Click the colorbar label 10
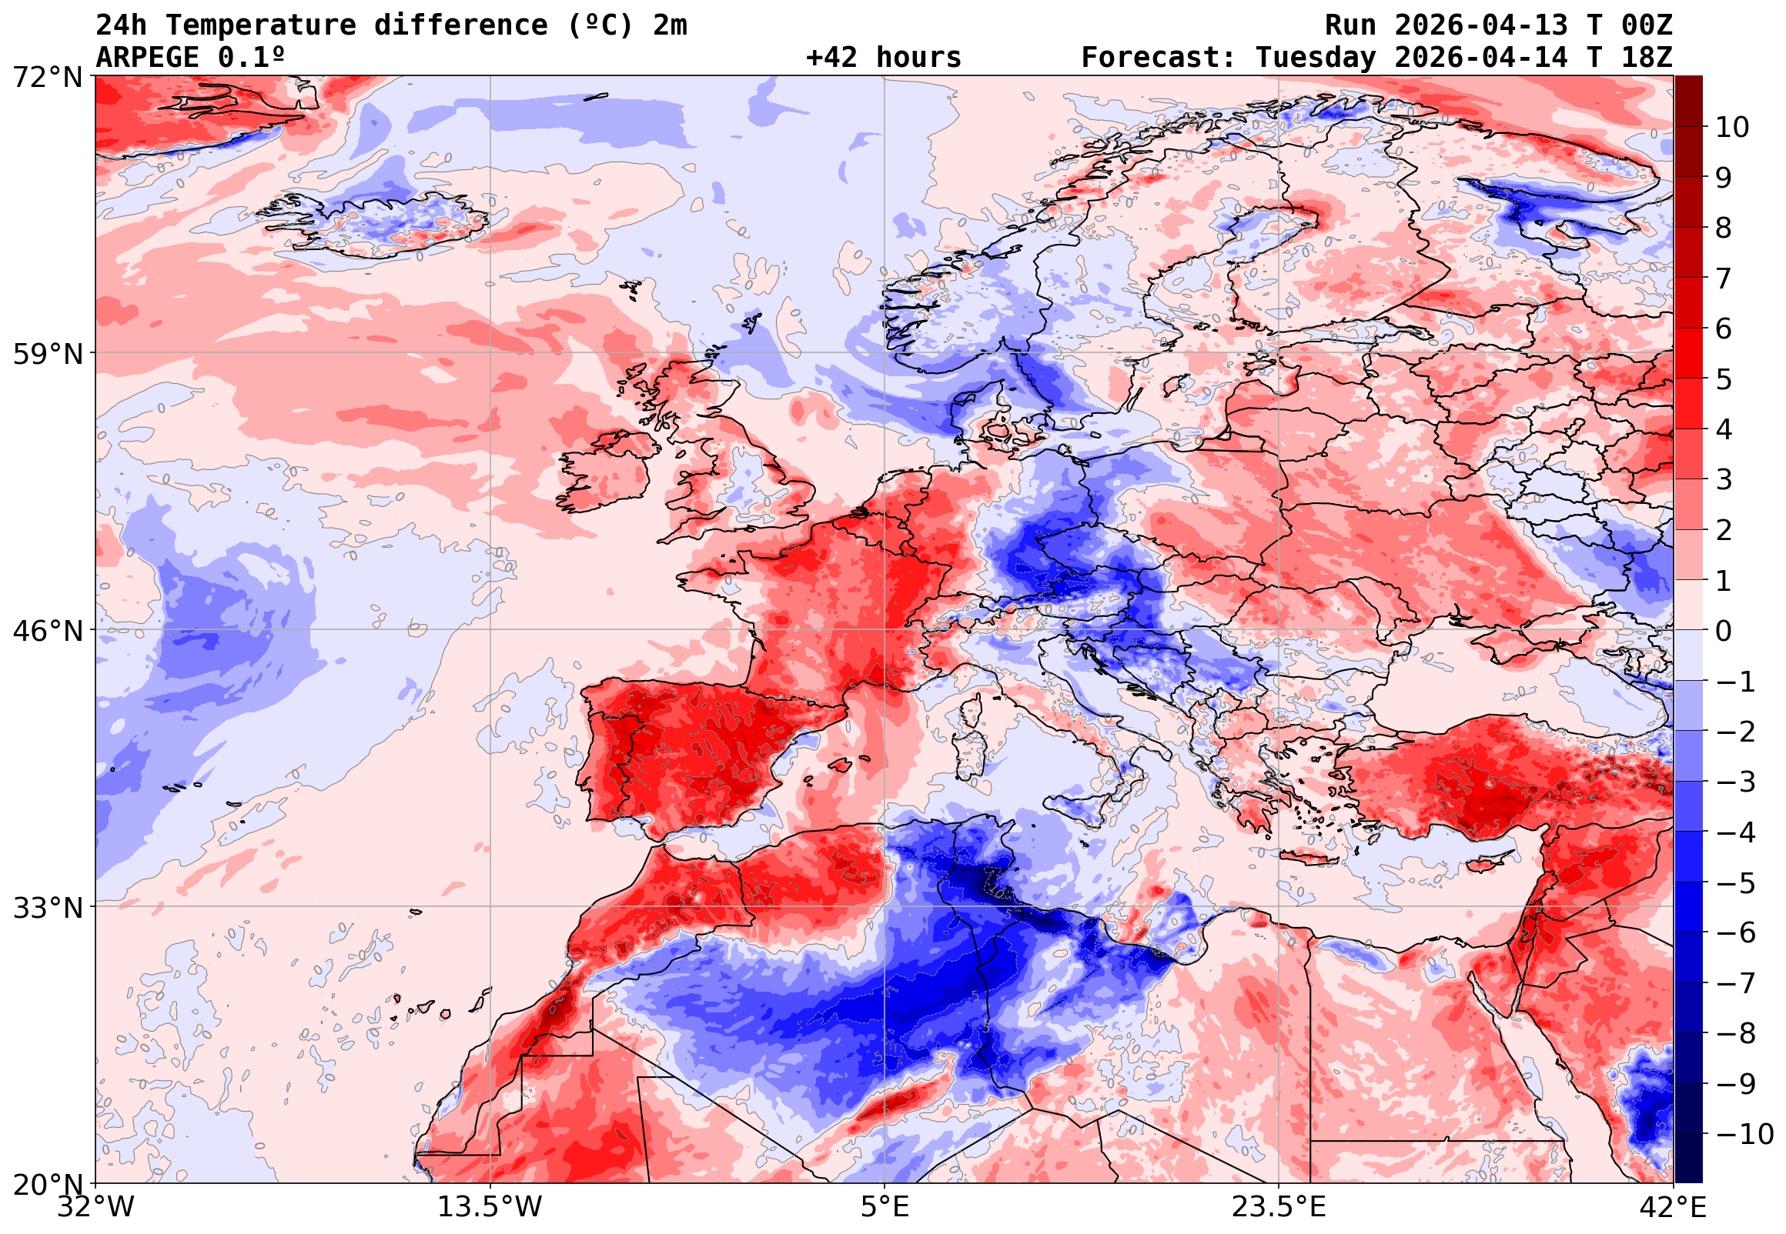1732,128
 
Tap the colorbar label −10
1744,1134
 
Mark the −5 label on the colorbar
1736,883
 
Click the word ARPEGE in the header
147,58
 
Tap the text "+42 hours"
883,58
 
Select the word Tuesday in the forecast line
1316,58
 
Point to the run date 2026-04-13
1481,25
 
